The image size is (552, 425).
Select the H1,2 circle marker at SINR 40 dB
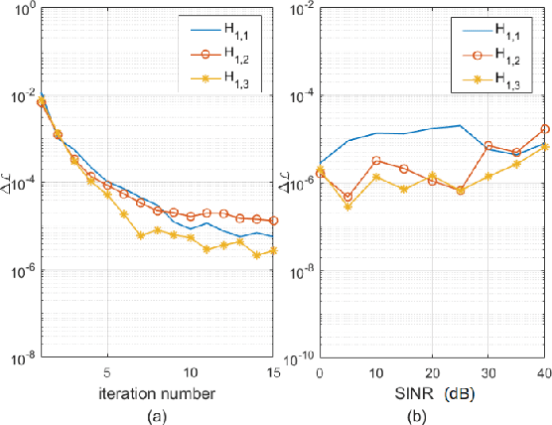click(544, 129)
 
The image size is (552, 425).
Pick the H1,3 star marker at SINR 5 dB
click(347, 206)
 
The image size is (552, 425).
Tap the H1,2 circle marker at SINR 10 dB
click(376, 160)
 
